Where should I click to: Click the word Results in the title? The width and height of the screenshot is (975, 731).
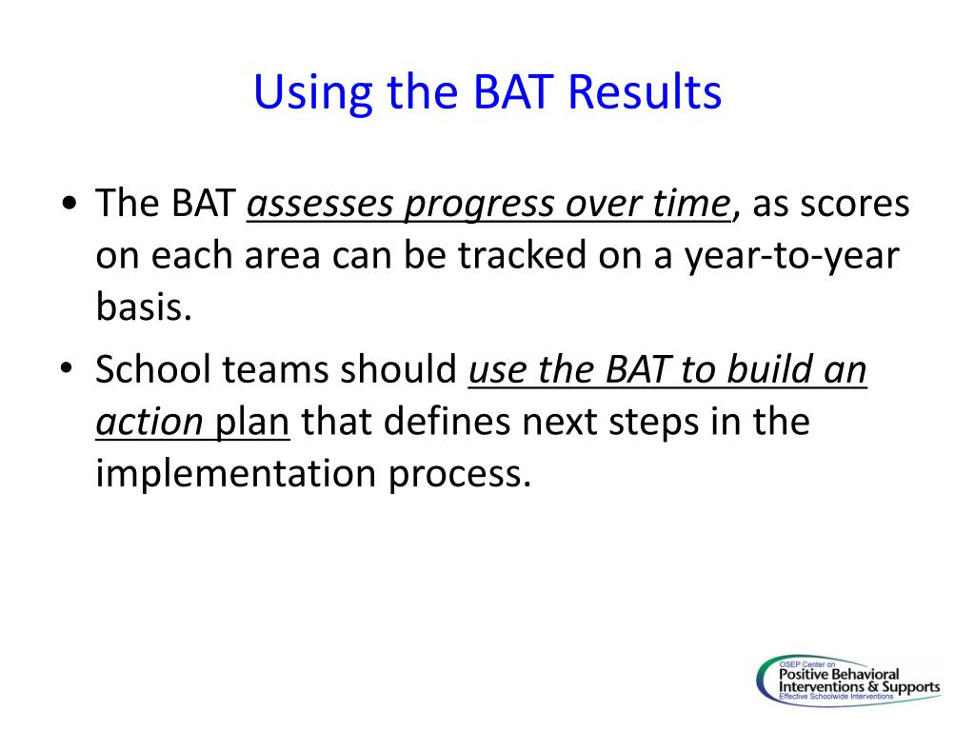645,92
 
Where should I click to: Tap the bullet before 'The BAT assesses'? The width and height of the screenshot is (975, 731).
70,204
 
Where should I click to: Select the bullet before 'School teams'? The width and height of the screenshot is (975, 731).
67,367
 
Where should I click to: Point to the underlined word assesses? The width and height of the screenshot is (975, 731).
320,204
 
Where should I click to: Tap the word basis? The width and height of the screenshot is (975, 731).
144,306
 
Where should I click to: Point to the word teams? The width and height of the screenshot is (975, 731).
275,369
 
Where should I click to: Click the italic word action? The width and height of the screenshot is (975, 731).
149,422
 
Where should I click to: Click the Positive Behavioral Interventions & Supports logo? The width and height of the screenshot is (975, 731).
849,681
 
